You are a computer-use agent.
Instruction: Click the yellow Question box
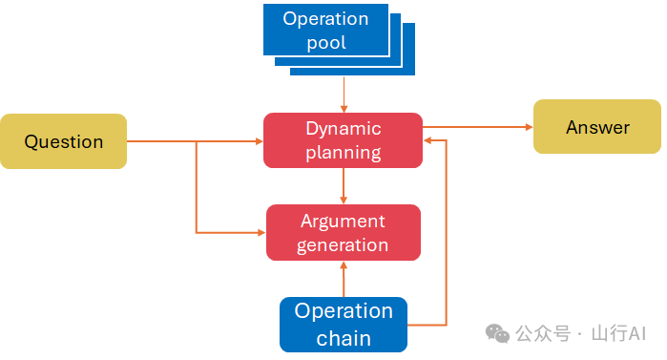tap(63, 141)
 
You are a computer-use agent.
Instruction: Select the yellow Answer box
tap(597, 126)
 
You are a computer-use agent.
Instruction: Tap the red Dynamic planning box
tap(343, 140)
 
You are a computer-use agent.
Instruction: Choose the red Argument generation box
tap(344, 232)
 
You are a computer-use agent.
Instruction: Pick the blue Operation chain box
tap(344, 325)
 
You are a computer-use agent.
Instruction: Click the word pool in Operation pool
tap(326, 43)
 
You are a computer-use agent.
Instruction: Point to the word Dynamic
tap(344, 129)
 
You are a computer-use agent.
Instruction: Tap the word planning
tap(344, 153)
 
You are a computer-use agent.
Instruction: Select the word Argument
tap(343, 222)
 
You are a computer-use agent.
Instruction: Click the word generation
tap(343, 245)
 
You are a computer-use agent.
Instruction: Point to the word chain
tap(344, 339)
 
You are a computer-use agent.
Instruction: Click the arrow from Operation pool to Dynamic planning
tap(344, 95)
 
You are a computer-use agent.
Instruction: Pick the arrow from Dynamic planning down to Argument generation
tap(344, 186)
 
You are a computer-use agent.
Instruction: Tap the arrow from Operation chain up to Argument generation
tap(344, 279)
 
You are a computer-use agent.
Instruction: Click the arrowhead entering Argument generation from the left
tap(262, 232)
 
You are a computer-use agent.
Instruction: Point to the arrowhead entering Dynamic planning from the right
tap(427, 140)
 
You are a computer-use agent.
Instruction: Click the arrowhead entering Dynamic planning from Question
tap(259, 141)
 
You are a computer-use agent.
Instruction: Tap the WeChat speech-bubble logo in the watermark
tap(497, 333)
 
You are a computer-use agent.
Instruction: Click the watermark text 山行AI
tap(618, 333)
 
